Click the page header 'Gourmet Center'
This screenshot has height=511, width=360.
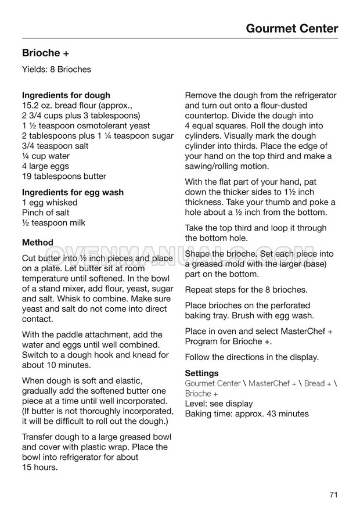coord(291,28)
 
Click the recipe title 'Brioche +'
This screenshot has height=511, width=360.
coord(46,53)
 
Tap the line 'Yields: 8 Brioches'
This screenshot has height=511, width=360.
coord(56,70)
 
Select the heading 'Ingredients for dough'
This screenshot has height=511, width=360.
coord(66,95)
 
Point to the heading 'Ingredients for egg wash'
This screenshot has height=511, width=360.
coord(73,192)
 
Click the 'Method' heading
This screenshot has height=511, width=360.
coord(37,243)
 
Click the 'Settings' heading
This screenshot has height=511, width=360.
coord(201,373)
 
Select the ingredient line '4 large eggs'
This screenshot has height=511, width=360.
coord(45,166)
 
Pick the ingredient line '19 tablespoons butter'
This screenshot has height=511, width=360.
coord(64,177)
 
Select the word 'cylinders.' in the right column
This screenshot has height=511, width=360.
coord(204,136)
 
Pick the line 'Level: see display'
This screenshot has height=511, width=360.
coord(219,404)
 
